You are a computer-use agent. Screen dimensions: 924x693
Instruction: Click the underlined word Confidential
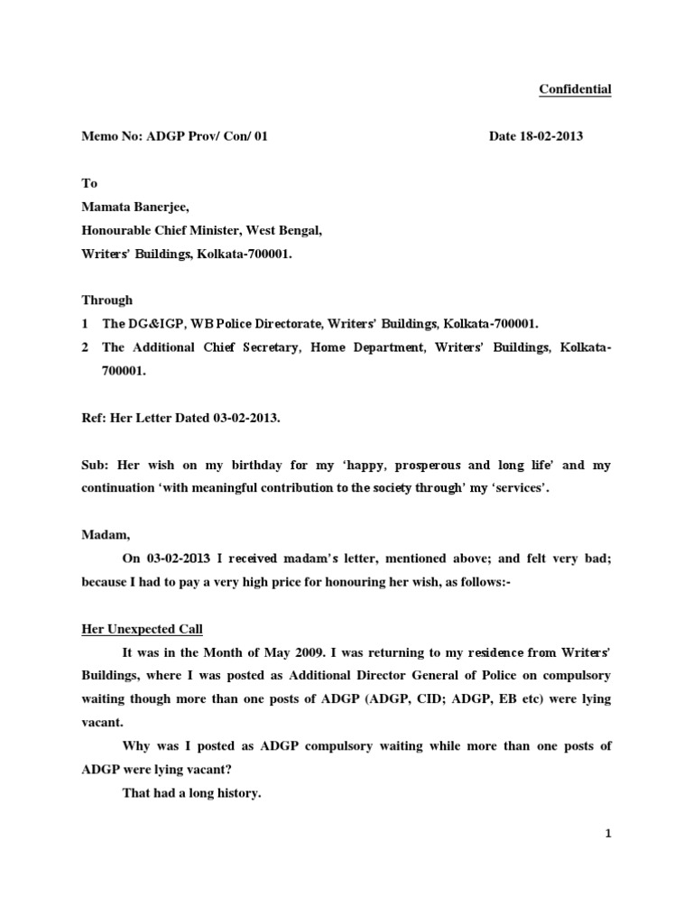575,88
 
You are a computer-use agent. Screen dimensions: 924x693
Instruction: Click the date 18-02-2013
552,136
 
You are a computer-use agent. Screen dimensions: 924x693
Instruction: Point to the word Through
106,300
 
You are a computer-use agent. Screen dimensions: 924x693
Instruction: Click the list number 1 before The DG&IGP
84,323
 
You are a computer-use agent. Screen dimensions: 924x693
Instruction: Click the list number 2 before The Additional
84,346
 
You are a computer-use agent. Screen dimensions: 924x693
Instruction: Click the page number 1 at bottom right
608,834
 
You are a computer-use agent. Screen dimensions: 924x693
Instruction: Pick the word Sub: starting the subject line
95,466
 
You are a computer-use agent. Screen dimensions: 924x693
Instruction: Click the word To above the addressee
89,183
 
